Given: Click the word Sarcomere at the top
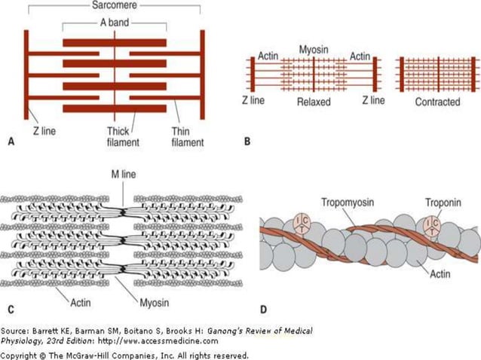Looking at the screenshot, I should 113,5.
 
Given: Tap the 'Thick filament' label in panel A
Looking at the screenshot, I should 121,136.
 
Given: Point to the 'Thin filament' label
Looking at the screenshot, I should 187,136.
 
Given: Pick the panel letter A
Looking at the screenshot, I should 10,141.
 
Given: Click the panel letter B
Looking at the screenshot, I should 247,141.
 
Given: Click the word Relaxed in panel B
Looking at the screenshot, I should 314,100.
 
